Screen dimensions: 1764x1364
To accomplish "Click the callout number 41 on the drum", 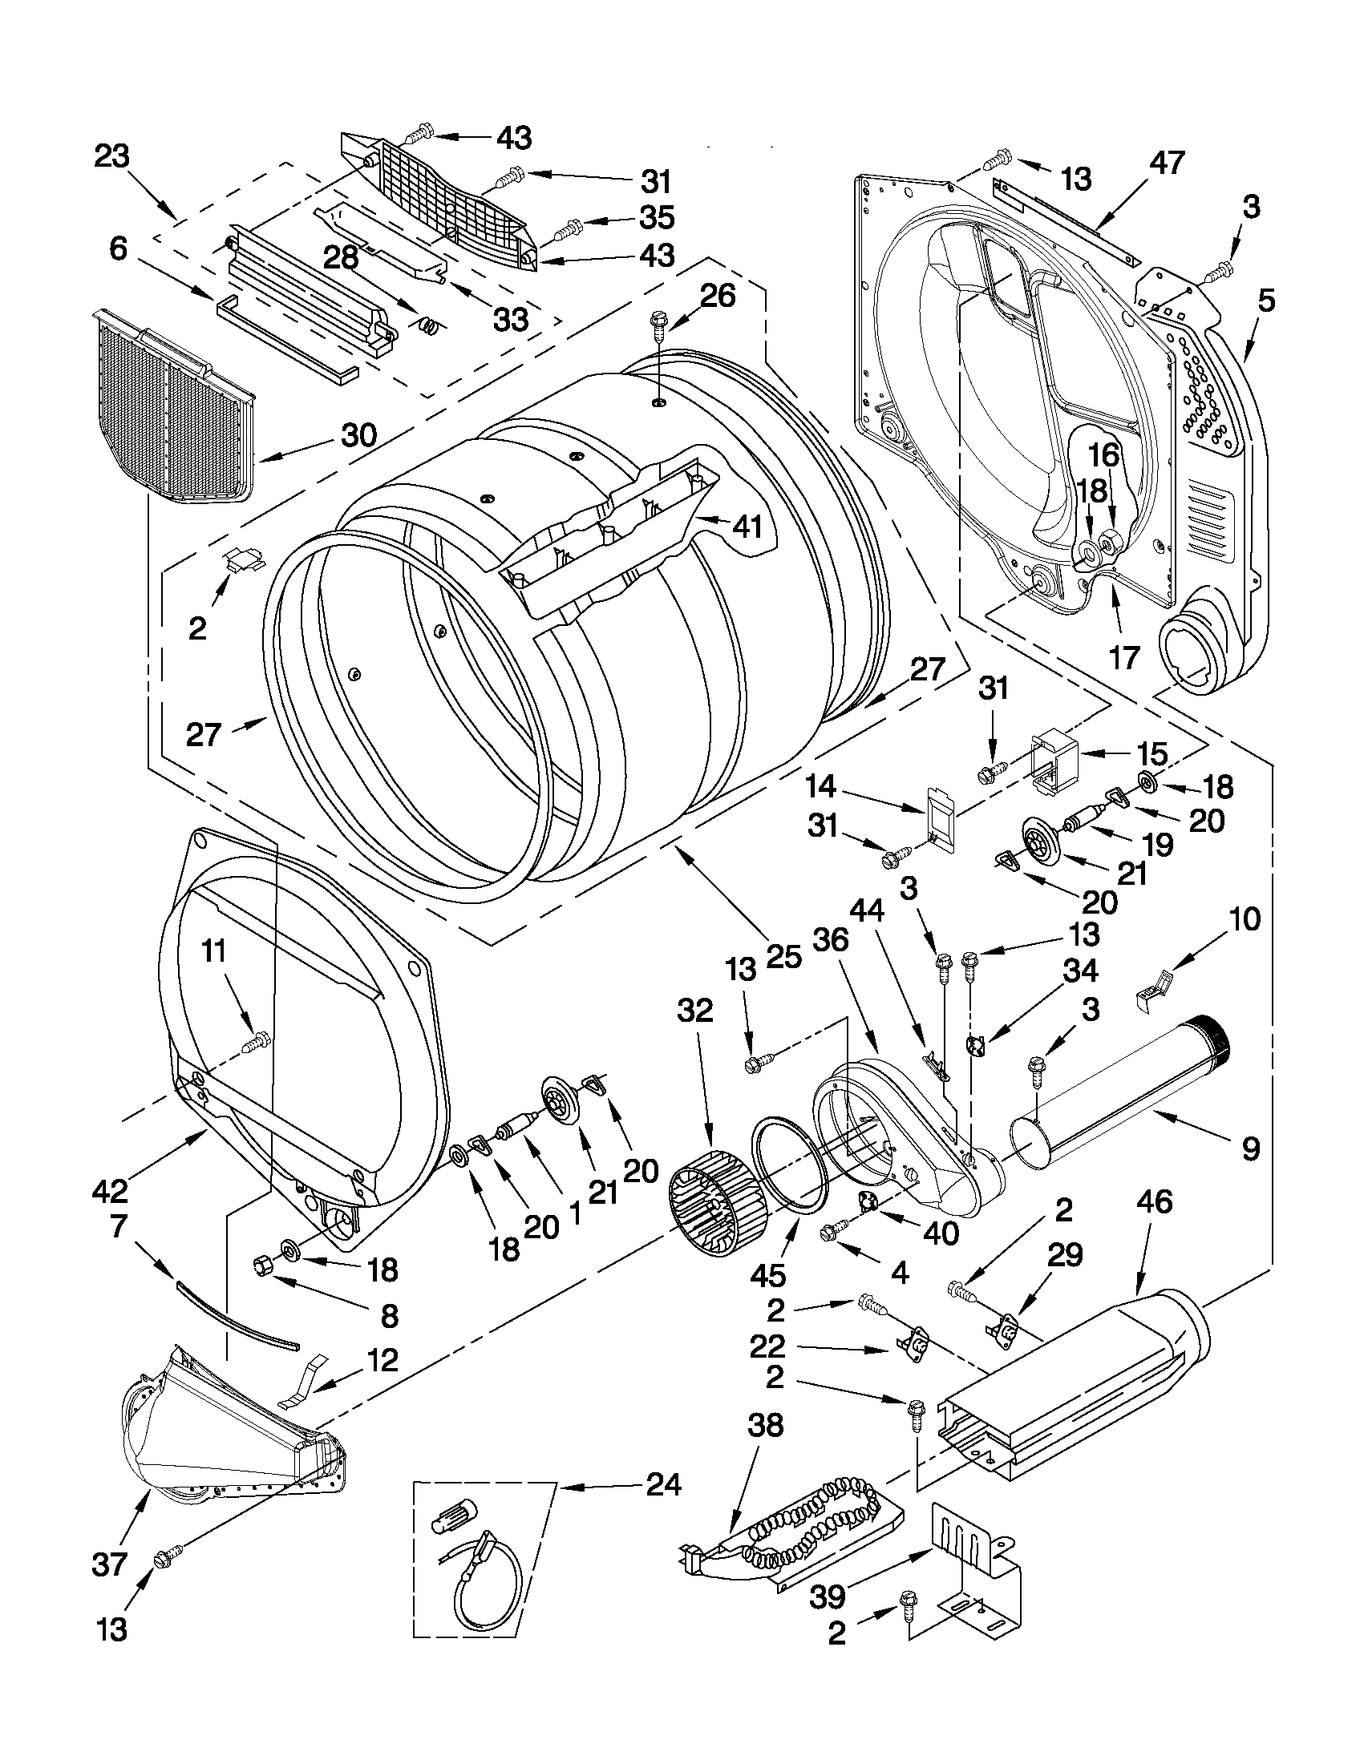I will coord(747,527).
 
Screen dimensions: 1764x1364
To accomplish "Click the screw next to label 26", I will coord(657,326).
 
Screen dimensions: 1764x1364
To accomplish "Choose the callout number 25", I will coord(783,956).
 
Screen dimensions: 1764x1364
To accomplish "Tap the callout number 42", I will coord(110,1189).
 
